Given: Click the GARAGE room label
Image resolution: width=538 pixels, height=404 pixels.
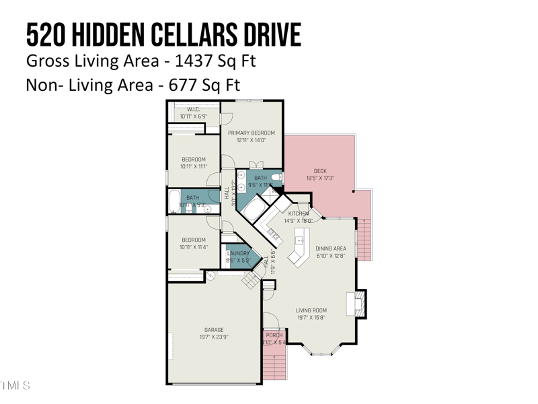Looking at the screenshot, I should [x=214, y=330].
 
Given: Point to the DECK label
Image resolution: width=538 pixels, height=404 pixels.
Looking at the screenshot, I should [x=320, y=171].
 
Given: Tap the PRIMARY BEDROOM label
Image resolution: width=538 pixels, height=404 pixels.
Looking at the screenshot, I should [x=252, y=133].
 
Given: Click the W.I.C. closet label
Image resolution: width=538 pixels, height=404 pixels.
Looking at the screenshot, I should [x=193, y=109].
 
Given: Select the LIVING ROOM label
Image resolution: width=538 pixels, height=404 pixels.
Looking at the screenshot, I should [x=311, y=310].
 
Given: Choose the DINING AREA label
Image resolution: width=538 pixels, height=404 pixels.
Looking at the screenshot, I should [x=330, y=248].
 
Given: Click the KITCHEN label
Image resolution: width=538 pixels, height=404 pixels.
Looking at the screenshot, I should [x=299, y=213].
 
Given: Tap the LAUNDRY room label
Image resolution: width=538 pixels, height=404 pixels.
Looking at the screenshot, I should [x=238, y=253].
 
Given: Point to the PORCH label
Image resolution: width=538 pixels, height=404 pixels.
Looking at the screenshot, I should [x=274, y=335].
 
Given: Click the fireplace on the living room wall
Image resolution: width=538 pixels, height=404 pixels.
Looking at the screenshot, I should [x=359, y=303].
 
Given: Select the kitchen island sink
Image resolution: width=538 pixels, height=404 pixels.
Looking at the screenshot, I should [x=301, y=239].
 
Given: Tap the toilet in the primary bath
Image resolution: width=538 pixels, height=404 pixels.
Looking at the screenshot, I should [x=276, y=177].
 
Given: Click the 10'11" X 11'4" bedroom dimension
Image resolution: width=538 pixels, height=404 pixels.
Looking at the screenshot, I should [x=194, y=247].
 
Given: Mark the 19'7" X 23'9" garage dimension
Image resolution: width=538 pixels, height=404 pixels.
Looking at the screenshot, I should [x=214, y=337].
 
